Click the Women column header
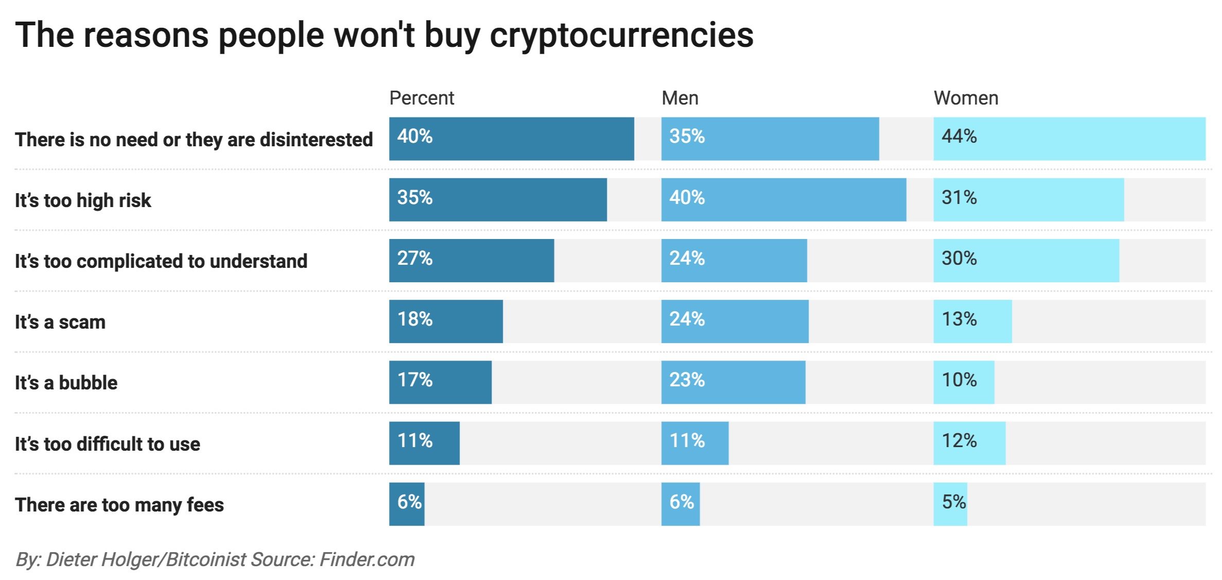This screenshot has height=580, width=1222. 966,98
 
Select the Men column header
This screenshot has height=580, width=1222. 679,98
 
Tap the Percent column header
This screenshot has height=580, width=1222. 422,98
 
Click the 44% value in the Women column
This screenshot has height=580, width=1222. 959,137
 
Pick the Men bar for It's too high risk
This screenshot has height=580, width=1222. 783,200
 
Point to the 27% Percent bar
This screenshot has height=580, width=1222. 471,261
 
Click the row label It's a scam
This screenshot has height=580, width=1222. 60,322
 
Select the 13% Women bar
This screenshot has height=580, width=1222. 972,321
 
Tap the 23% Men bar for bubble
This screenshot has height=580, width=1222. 733,382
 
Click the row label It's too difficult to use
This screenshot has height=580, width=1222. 107,443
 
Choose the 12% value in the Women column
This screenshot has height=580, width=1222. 959,441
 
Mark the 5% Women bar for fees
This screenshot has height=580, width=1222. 950,504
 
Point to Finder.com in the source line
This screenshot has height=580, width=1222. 367,559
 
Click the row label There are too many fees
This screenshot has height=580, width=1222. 119,504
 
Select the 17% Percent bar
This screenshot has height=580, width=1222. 440,382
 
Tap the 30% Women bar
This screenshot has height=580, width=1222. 1026,261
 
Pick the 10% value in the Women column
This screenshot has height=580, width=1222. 959,380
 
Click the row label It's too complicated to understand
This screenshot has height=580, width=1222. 161,261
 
